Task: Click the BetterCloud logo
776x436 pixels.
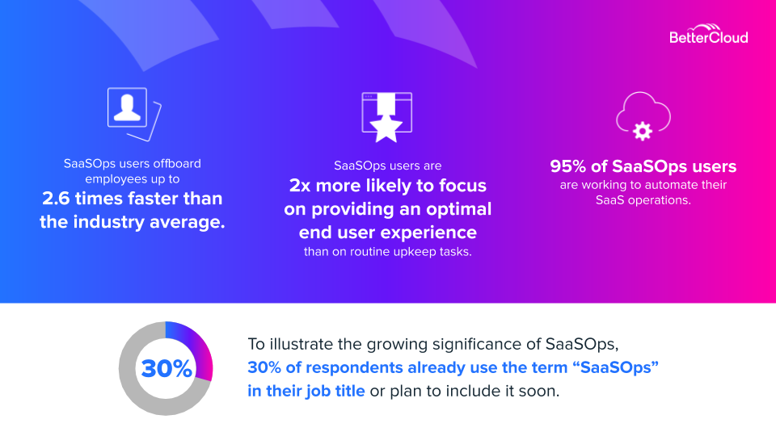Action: click(708, 34)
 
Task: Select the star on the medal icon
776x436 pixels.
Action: click(386, 128)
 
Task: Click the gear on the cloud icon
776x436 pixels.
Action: click(643, 131)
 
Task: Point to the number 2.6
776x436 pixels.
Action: click(56, 199)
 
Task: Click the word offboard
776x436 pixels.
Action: click(177, 164)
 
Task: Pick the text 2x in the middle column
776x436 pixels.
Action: click(299, 186)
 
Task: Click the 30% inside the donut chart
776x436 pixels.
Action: click(167, 368)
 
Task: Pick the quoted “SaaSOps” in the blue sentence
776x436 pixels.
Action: click(618, 368)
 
